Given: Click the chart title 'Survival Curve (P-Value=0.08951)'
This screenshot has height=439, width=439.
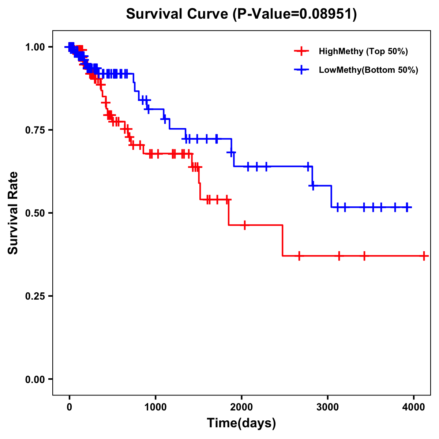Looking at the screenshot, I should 241,14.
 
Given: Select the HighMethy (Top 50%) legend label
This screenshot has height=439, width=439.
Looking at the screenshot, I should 363,51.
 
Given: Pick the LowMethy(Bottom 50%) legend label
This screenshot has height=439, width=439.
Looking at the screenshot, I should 368,70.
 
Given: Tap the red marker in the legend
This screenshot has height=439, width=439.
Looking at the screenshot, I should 301,51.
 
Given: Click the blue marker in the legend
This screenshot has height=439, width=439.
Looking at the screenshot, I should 301,70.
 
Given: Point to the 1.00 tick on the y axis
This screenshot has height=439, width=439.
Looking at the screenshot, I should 35,47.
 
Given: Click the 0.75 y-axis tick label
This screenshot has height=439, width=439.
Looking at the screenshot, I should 35,130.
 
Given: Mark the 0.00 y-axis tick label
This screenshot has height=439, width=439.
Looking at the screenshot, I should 35,379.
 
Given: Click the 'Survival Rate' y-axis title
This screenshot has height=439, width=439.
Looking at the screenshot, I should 13,213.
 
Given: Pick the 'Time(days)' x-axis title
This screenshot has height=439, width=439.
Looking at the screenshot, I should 241,423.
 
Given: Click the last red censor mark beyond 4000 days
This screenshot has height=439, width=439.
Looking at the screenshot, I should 424,256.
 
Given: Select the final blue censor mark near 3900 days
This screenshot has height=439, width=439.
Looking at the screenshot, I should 407,207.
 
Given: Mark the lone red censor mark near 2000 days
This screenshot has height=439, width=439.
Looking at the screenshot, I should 244,225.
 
